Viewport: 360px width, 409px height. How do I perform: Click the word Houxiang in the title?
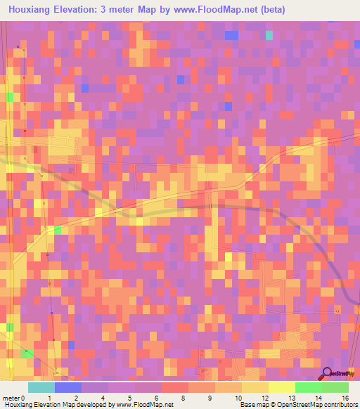pyautogui.click(x=30, y=10)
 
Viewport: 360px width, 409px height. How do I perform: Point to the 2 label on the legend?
pyautogui.click(x=75, y=398)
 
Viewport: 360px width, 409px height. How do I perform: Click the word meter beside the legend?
pyautogui.click(x=11, y=398)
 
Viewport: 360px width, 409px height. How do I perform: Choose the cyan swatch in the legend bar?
pyautogui.click(x=41, y=387)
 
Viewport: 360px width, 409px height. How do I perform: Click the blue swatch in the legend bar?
pyautogui.click(x=67, y=387)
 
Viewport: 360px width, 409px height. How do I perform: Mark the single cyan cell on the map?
pyautogui.click(x=269, y=35)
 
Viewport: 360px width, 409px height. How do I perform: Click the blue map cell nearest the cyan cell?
pyautogui.click(x=231, y=35)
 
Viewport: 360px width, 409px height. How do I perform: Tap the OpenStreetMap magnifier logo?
pyautogui.click(x=327, y=373)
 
